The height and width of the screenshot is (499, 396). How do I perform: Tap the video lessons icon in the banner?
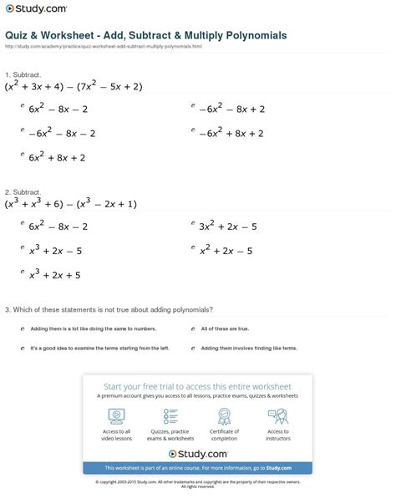pyautogui.click(x=117, y=415)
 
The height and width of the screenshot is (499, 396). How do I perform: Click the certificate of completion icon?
pyautogui.click(x=225, y=415)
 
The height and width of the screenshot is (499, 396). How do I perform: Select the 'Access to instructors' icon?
pyautogui.click(x=278, y=415)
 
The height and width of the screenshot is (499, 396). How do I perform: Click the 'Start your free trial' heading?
pyautogui.click(x=197, y=387)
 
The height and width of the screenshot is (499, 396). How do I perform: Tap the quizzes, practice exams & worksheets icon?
pyautogui.click(x=171, y=415)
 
